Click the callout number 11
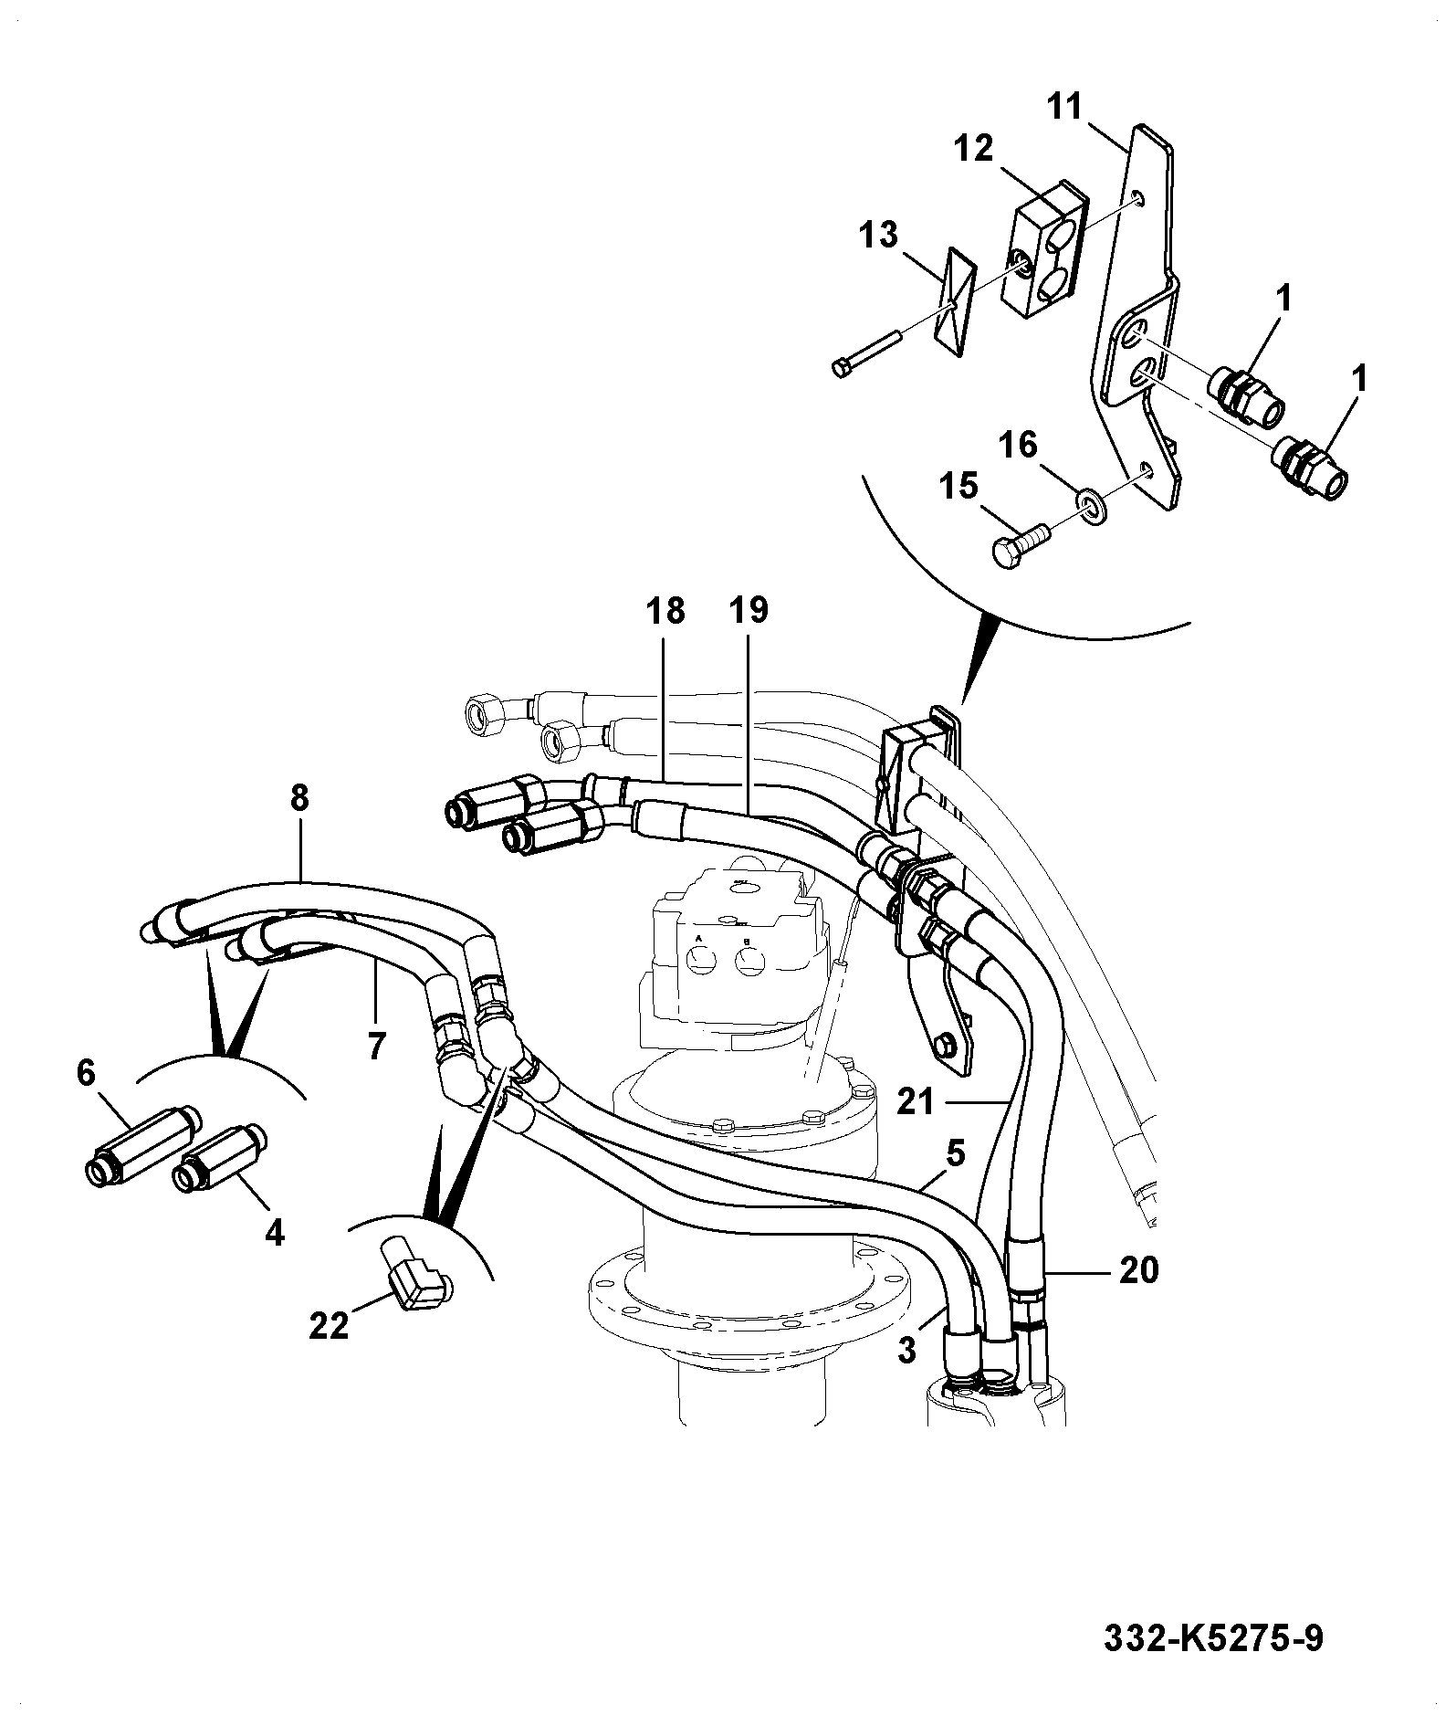coord(1063,108)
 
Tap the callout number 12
coord(974,148)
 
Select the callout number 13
coord(878,235)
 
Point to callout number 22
coord(329,1325)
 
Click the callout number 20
coord(1138,1269)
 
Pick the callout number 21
coord(916,1102)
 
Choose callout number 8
coord(299,798)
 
